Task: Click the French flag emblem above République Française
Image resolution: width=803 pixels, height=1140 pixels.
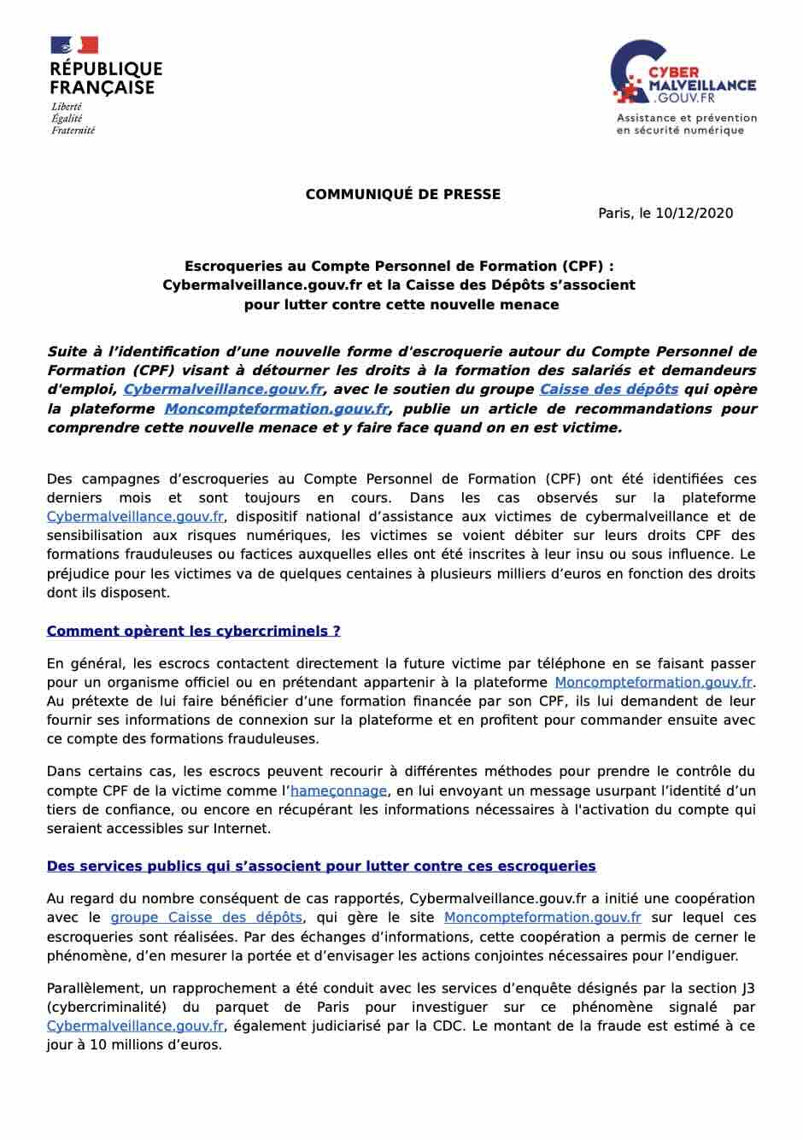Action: click(x=74, y=45)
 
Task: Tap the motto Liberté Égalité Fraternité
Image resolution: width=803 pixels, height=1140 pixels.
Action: click(x=73, y=119)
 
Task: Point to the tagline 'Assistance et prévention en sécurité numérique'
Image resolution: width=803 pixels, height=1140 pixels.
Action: click(x=686, y=124)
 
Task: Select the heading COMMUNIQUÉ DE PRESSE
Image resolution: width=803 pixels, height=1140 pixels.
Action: click(x=402, y=194)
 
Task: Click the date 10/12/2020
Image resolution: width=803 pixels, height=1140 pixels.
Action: click(x=694, y=214)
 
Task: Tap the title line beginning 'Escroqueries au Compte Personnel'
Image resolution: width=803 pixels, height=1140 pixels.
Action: click(x=399, y=266)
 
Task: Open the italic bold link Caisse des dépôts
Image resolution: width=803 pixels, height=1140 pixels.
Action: click(x=608, y=389)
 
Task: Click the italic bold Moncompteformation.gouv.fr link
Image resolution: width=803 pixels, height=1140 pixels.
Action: click(x=276, y=408)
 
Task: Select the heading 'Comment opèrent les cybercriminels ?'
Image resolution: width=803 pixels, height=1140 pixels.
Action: click(x=193, y=631)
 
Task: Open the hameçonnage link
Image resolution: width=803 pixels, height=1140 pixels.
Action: click(x=338, y=790)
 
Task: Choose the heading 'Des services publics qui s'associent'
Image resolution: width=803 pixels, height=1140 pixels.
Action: click(x=320, y=866)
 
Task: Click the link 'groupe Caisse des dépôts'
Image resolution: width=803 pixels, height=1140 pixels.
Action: click(x=206, y=917)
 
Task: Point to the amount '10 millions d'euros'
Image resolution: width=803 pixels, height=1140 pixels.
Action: click(x=154, y=1044)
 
